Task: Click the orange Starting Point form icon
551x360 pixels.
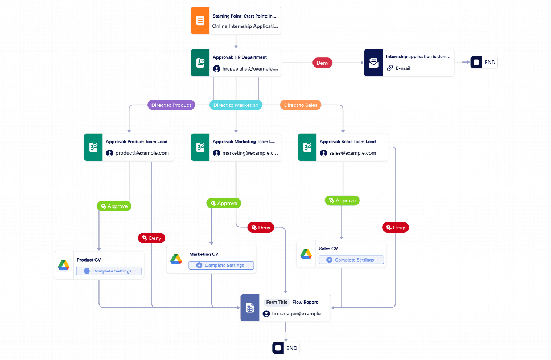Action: [200, 21]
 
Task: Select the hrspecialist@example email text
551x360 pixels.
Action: [250, 68]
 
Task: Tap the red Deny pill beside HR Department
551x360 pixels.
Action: [322, 63]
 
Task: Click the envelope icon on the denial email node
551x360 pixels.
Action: [373, 63]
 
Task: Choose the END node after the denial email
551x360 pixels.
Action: [484, 63]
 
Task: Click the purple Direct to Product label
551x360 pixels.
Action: [171, 105]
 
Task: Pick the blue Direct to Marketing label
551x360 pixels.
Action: [236, 105]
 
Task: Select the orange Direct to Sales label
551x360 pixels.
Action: [300, 105]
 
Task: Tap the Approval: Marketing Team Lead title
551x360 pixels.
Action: [244, 141]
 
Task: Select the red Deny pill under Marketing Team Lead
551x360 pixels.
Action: [261, 227]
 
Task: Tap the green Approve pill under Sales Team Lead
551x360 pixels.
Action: [342, 201]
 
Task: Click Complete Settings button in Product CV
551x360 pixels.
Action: [109, 271]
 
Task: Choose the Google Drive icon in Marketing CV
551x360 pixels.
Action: [176, 260]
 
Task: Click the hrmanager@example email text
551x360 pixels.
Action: [299, 314]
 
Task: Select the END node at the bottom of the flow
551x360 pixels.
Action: [286, 348]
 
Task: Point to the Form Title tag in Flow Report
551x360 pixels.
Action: [277, 302]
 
